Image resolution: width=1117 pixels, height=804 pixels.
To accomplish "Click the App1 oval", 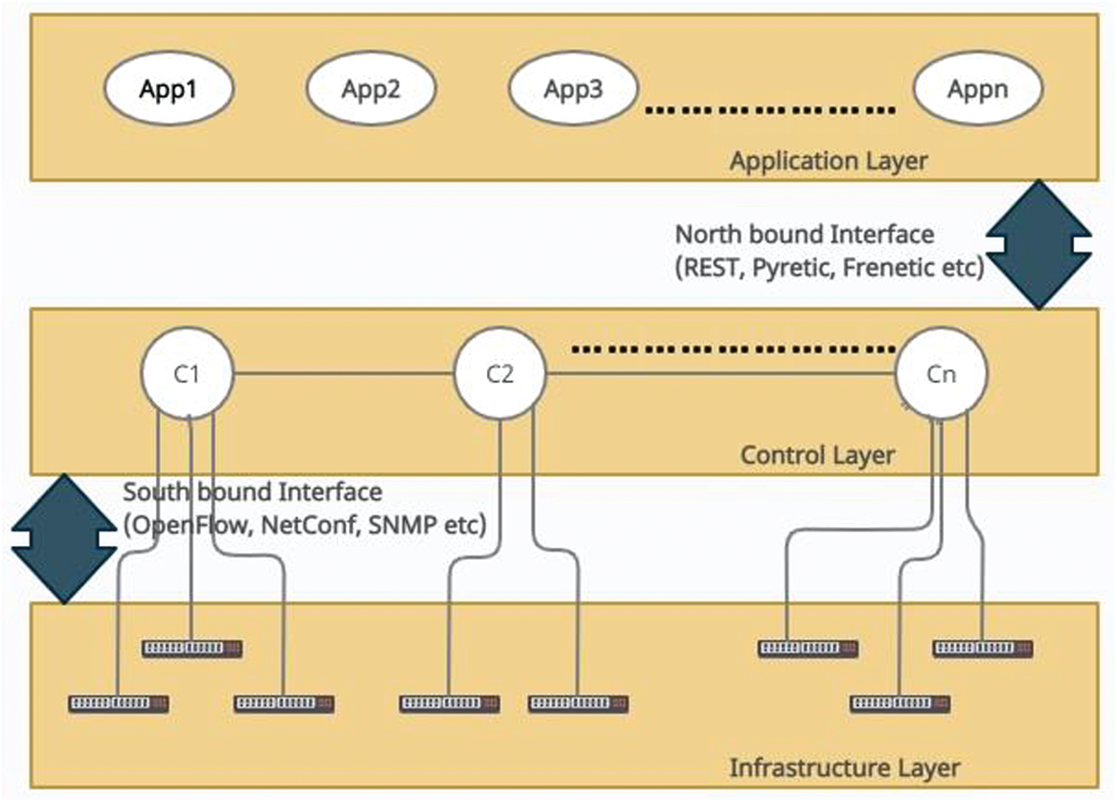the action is click(x=168, y=89).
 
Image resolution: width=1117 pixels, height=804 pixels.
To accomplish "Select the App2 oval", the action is click(x=371, y=89).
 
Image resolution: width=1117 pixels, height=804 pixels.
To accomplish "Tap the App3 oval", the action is click(x=573, y=89).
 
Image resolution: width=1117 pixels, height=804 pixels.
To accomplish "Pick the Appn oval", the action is click(x=978, y=89).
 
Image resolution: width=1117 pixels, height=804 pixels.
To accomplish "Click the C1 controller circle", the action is click(x=188, y=373).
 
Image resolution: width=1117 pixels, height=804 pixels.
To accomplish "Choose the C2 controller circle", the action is click(x=499, y=373).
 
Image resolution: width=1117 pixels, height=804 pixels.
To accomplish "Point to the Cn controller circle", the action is click(x=941, y=373).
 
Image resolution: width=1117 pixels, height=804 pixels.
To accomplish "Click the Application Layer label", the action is click(x=829, y=161).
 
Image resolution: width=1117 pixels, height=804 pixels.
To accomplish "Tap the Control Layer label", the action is click(x=818, y=455).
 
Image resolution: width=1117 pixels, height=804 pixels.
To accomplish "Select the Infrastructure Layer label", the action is click(x=845, y=768).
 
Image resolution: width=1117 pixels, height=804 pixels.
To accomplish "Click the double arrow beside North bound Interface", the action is click(x=1039, y=244).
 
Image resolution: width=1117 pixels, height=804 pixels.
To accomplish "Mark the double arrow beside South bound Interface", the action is click(x=64, y=539).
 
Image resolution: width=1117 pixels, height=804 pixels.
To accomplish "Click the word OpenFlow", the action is click(x=191, y=525).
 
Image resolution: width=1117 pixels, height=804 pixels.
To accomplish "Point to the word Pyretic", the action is click(x=793, y=268).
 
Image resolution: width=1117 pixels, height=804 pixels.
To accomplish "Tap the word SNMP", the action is click(x=402, y=525).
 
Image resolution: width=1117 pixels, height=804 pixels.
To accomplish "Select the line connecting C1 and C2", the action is click(x=344, y=373).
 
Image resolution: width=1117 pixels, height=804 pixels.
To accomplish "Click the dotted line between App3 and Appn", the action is click(x=770, y=110).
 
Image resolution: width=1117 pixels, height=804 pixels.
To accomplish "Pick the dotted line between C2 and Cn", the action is click(x=733, y=350).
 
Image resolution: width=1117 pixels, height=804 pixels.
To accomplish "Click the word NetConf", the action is click(x=309, y=525).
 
